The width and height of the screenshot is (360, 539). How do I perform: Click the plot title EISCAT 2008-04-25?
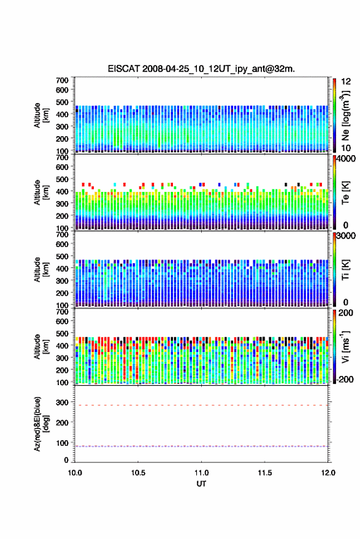click(201, 69)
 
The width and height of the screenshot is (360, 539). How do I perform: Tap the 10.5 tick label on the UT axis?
click(138, 473)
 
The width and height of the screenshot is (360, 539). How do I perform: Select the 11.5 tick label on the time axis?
click(265, 473)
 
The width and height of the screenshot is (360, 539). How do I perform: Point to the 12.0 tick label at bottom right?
click(328, 473)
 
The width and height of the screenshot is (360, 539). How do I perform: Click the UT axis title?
click(201, 484)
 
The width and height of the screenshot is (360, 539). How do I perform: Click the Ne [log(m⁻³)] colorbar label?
click(345, 115)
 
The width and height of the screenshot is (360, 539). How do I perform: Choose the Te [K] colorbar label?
click(345, 193)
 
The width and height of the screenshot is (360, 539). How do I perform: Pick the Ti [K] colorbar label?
click(345, 270)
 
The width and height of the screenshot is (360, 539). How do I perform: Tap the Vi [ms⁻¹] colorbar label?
click(345, 347)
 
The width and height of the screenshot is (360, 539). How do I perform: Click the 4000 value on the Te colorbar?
click(345, 159)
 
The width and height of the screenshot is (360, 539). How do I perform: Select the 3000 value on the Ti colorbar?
click(345, 236)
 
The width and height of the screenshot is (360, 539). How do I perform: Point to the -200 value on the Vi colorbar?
click(345, 380)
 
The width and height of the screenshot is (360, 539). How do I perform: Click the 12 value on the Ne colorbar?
click(346, 82)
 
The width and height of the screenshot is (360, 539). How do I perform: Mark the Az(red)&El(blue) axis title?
click(41, 424)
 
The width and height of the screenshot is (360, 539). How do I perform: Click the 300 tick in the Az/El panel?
click(62, 402)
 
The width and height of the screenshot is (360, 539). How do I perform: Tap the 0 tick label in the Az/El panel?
click(66, 460)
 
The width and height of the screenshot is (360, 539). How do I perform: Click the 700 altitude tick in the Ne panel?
click(62, 80)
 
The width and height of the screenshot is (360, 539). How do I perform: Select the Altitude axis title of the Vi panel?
click(41, 347)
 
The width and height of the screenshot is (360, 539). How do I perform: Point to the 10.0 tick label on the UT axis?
click(75, 473)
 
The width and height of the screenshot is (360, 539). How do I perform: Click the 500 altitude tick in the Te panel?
click(62, 179)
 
